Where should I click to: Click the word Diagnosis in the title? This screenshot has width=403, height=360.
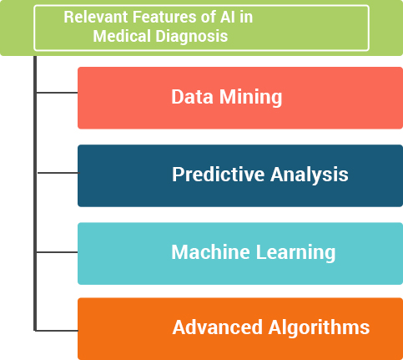pyautogui.click(x=192, y=37)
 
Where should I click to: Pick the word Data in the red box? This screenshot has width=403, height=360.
pyautogui.click(x=192, y=97)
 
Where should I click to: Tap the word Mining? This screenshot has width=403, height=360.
pyautogui.click(x=250, y=98)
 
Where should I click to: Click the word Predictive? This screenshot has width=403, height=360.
pyautogui.click(x=219, y=175)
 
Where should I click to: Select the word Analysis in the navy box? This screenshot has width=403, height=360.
pyautogui.click(x=310, y=175)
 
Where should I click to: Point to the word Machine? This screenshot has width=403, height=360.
pyautogui.click(x=210, y=252)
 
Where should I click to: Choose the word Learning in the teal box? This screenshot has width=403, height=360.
pyautogui.click(x=295, y=252)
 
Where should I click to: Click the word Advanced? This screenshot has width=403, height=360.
pyautogui.click(x=218, y=327)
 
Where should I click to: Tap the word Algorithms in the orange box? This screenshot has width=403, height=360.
pyautogui.click(x=319, y=327)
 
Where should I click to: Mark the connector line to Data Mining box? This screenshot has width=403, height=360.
pyautogui.click(x=57, y=93)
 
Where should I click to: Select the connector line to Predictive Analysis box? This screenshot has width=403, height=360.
pyautogui.click(x=58, y=173)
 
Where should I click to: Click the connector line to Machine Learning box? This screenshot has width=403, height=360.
pyautogui.click(x=57, y=252)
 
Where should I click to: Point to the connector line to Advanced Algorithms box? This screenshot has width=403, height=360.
pyautogui.click(x=57, y=331)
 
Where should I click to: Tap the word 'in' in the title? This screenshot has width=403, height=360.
pyautogui.click(x=245, y=17)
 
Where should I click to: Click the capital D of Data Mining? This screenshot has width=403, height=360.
pyautogui.click(x=178, y=97)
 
